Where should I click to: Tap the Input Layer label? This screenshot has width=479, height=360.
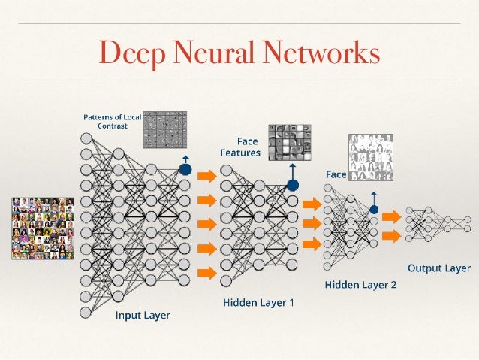[x=142, y=316]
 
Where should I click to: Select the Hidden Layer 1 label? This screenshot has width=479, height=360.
[x=259, y=303]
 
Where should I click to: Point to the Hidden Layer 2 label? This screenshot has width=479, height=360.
[x=360, y=285]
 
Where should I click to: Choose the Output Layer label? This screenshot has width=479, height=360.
[x=438, y=268]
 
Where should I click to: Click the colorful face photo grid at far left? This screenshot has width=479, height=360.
[x=42, y=228]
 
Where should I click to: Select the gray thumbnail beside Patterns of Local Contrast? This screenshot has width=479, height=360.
[x=164, y=129]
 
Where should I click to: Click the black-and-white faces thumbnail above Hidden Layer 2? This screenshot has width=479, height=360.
[x=371, y=156]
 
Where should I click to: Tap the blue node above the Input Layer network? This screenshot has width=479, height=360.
[x=185, y=170]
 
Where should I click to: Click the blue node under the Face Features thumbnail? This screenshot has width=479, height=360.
[x=293, y=184]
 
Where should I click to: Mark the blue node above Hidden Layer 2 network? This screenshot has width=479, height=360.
[x=373, y=210]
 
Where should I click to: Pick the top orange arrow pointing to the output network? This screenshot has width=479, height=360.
[x=391, y=216]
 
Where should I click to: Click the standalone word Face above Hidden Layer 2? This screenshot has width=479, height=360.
[x=336, y=174]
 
